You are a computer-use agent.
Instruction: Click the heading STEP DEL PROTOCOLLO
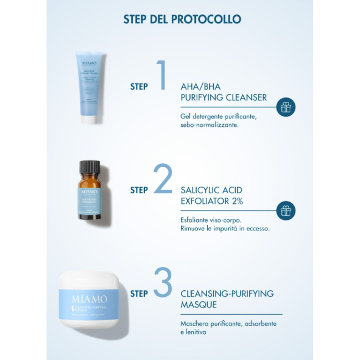[x=182, y=19]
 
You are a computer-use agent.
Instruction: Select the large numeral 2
[x=163, y=179]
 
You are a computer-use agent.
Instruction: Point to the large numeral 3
[x=163, y=282]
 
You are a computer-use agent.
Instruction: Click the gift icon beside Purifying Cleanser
[x=286, y=107]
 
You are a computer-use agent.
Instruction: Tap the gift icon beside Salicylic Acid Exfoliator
[x=286, y=210]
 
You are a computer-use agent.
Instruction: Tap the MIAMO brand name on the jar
[x=82, y=300]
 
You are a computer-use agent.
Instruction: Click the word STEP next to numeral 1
[x=139, y=86]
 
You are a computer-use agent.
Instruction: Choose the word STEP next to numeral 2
[x=139, y=190]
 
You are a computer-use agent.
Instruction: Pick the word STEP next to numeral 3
[x=139, y=294]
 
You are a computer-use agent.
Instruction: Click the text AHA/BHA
[x=200, y=87]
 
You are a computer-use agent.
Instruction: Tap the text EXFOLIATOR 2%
[x=211, y=200]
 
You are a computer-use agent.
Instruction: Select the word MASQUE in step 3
[x=198, y=305]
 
